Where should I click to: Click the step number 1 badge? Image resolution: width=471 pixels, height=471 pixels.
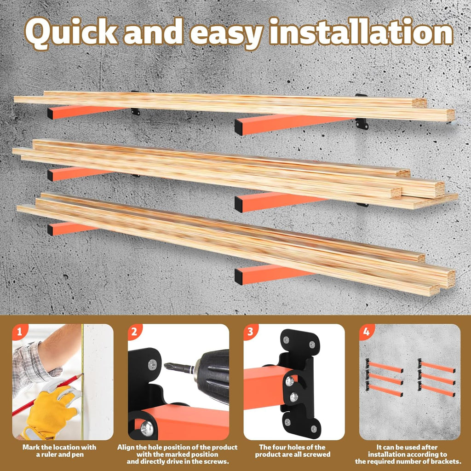point(18,331)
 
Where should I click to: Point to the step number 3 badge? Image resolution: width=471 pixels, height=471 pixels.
point(250,331)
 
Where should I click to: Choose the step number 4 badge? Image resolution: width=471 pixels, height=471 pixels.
point(366,331)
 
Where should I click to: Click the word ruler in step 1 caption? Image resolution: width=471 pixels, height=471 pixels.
point(49,454)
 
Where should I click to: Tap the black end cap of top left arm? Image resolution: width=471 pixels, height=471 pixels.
point(50,113)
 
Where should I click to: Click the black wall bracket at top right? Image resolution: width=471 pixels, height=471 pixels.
point(362,123)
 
